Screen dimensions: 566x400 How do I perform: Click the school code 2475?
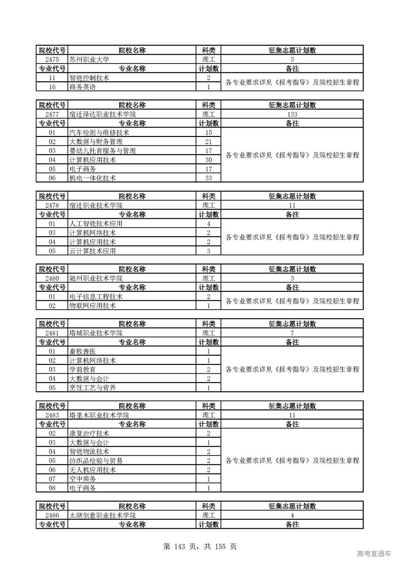(52, 59)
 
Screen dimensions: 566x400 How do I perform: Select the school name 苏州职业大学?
(89, 59)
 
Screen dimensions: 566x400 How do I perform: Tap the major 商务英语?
(82, 87)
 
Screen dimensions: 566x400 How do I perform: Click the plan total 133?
(292, 114)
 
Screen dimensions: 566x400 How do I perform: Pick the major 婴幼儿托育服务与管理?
(102, 151)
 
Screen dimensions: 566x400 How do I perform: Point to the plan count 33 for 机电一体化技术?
(208, 178)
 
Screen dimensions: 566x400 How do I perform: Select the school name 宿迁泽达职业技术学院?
(102, 114)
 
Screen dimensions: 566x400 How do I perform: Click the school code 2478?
(52, 205)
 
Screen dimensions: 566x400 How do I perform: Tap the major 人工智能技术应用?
(96, 224)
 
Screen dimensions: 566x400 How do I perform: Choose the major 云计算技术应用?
(92, 251)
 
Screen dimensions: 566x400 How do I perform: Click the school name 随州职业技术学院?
(96, 278)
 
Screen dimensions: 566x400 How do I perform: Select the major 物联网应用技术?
(92, 306)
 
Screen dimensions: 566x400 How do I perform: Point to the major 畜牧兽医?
(82, 351)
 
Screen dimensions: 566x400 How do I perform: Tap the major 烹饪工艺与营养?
(92, 388)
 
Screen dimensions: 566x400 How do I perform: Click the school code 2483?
(52, 415)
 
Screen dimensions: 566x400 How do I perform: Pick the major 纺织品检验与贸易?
(96, 461)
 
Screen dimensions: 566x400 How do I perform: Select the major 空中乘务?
(82, 479)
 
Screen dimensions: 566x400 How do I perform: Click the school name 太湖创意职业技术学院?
(102, 515)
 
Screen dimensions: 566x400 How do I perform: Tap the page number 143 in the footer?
(180, 546)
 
